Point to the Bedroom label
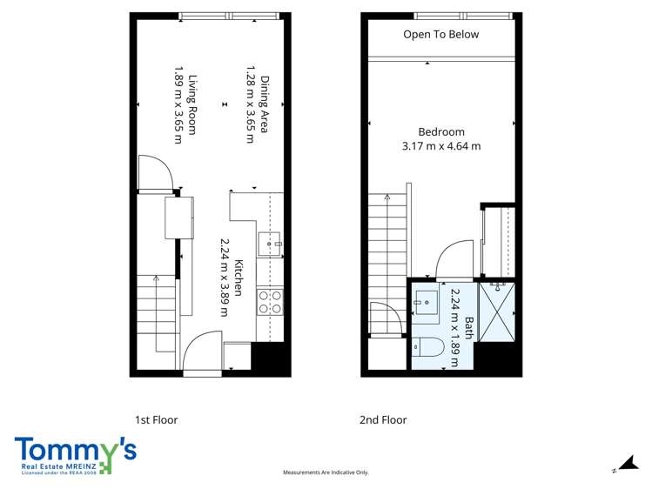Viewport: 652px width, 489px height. [x=441, y=132]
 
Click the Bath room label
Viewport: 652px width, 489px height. [x=468, y=327]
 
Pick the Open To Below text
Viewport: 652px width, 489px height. [x=440, y=35]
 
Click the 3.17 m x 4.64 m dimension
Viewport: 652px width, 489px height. [x=441, y=146]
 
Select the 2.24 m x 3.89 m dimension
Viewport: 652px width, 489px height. [x=224, y=277]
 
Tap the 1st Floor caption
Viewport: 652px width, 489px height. [x=156, y=419]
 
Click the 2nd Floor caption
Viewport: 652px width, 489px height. [x=383, y=419]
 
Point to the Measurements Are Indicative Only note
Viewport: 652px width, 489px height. [x=326, y=472]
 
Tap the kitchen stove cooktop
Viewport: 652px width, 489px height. [x=270, y=300]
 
